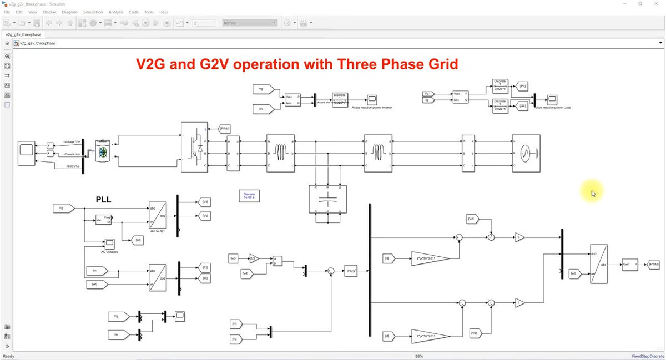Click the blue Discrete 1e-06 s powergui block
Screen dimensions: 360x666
tap(249, 195)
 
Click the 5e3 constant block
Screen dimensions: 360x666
tap(234, 258)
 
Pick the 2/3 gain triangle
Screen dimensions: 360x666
tap(254, 258)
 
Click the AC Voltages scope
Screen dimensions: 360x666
tap(109, 243)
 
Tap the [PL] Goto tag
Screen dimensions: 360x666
tap(522, 85)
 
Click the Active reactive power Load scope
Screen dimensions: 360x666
tap(552, 99)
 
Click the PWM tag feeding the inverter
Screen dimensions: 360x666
tap(225, 129)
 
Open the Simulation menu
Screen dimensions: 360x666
tap(93, 12)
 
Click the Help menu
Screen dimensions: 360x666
tap(163, 12)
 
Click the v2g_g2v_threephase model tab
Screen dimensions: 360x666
tap(24, 34)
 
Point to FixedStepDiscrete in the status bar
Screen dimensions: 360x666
tap(647, 356)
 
